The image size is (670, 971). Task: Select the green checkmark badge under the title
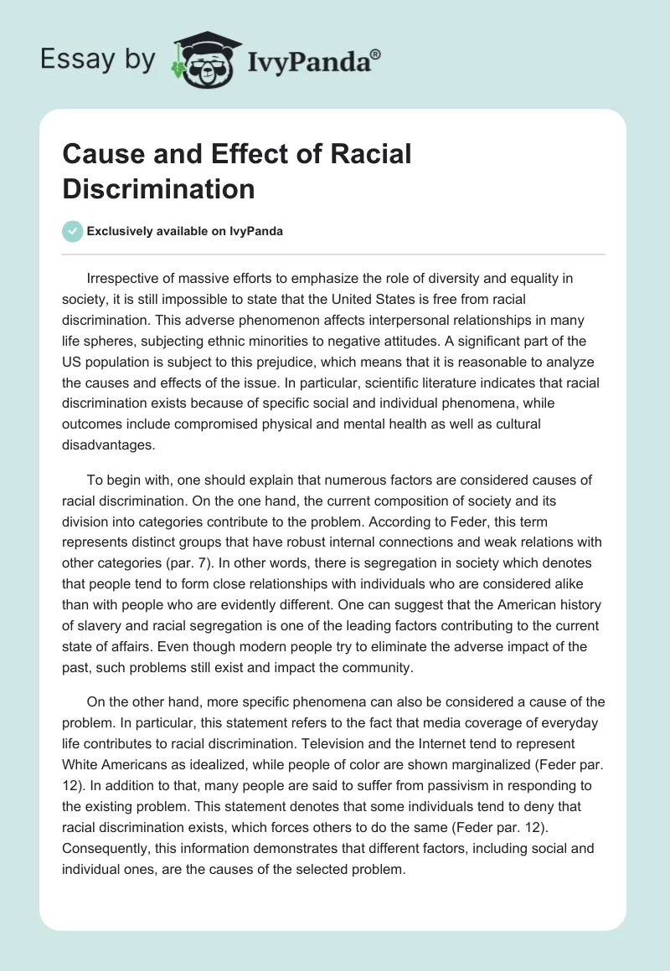coord(73,231)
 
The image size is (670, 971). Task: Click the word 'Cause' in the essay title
coord(98,156)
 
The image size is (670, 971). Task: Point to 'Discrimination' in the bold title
coord(158,189)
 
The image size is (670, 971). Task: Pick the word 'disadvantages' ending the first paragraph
coord(108,445)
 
